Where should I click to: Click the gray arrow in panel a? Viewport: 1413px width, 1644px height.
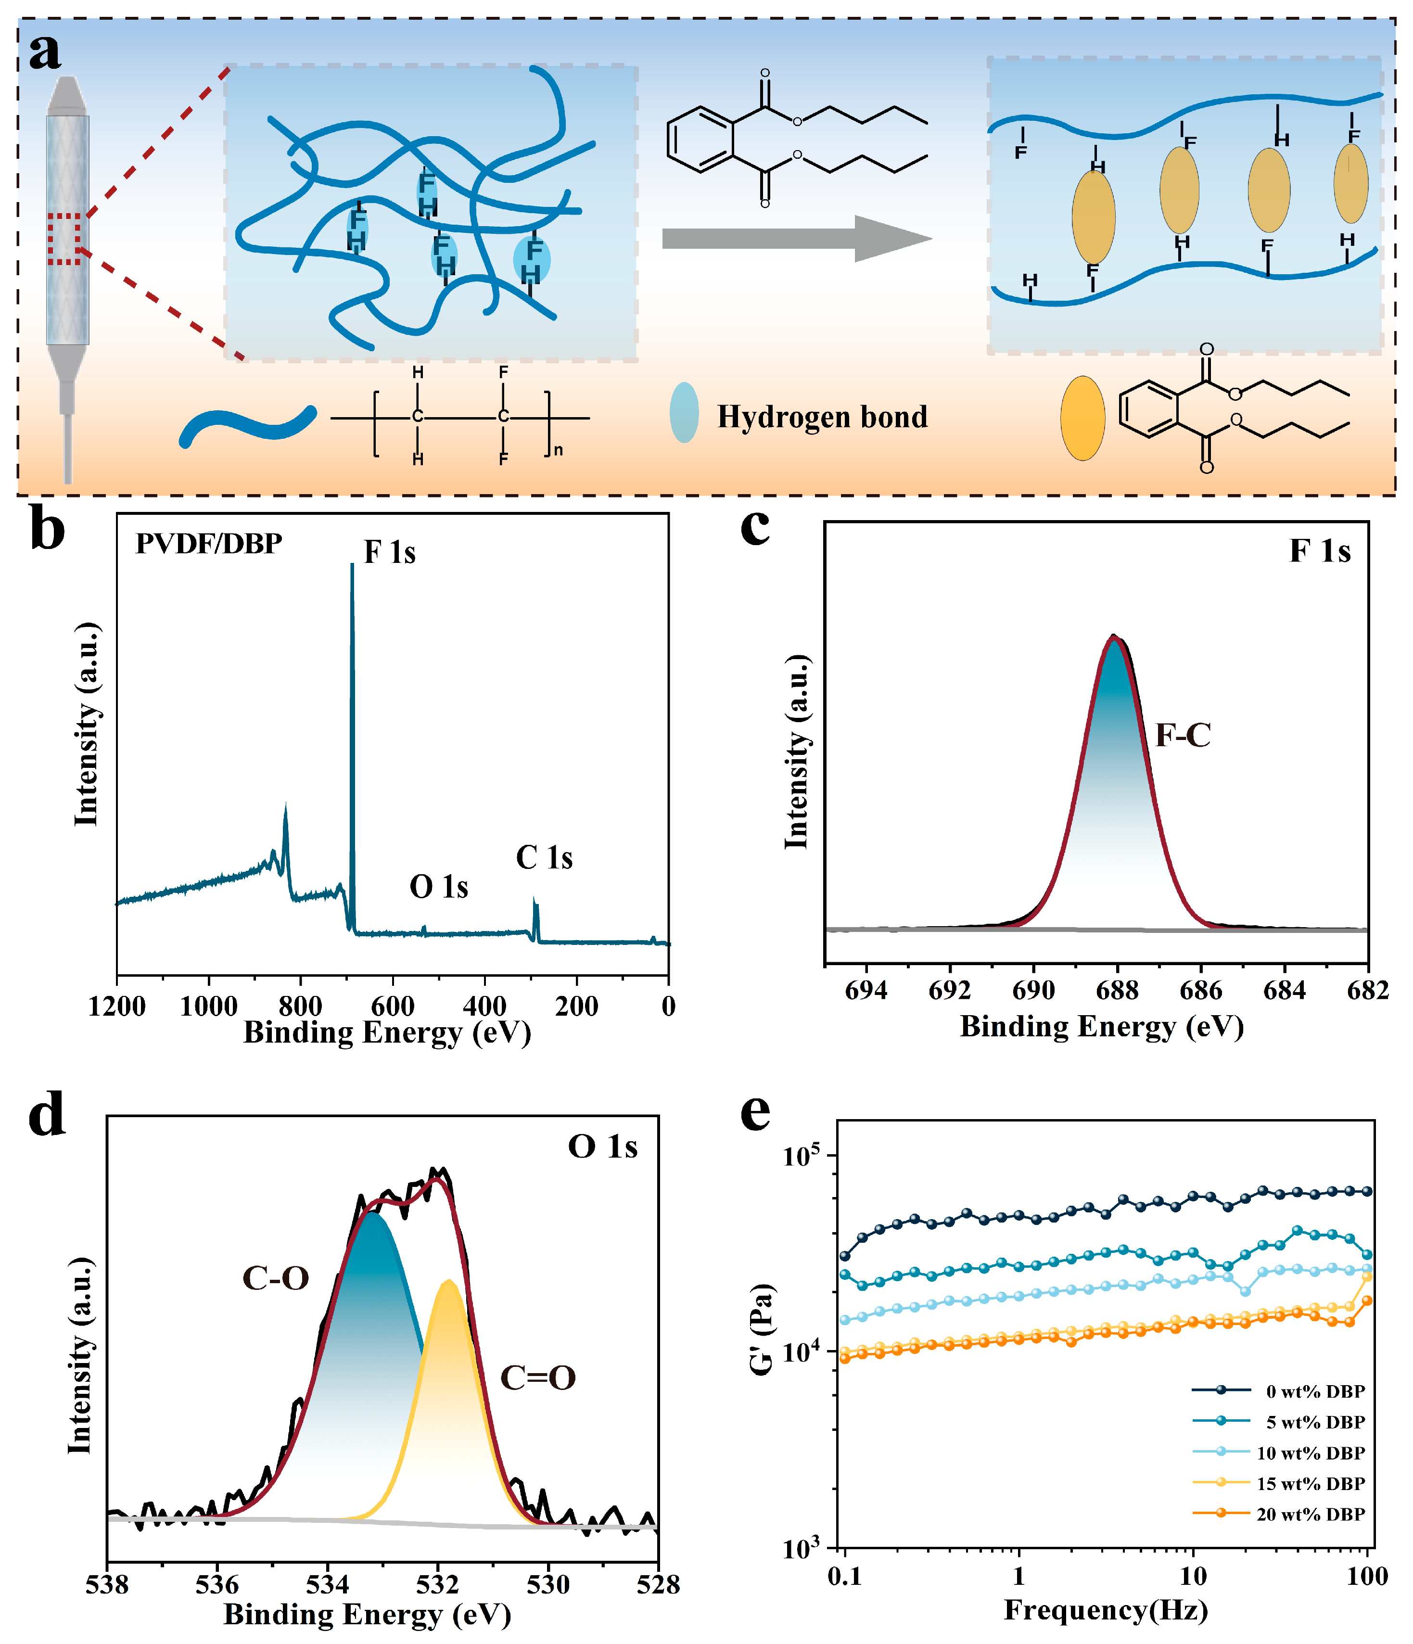tap(793, 238)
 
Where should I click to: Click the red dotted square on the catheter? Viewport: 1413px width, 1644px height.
tap(64, 238)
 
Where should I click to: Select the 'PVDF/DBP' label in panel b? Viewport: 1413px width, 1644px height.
tap(209, 544)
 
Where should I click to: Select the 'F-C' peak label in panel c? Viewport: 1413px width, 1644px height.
tap(1182, 736)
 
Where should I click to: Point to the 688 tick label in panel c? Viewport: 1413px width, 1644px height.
tap(1117, 990)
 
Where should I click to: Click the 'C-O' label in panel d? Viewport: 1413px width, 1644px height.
tap(275, 1278)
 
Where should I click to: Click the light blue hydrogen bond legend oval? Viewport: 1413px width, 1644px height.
tap(684, 413)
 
